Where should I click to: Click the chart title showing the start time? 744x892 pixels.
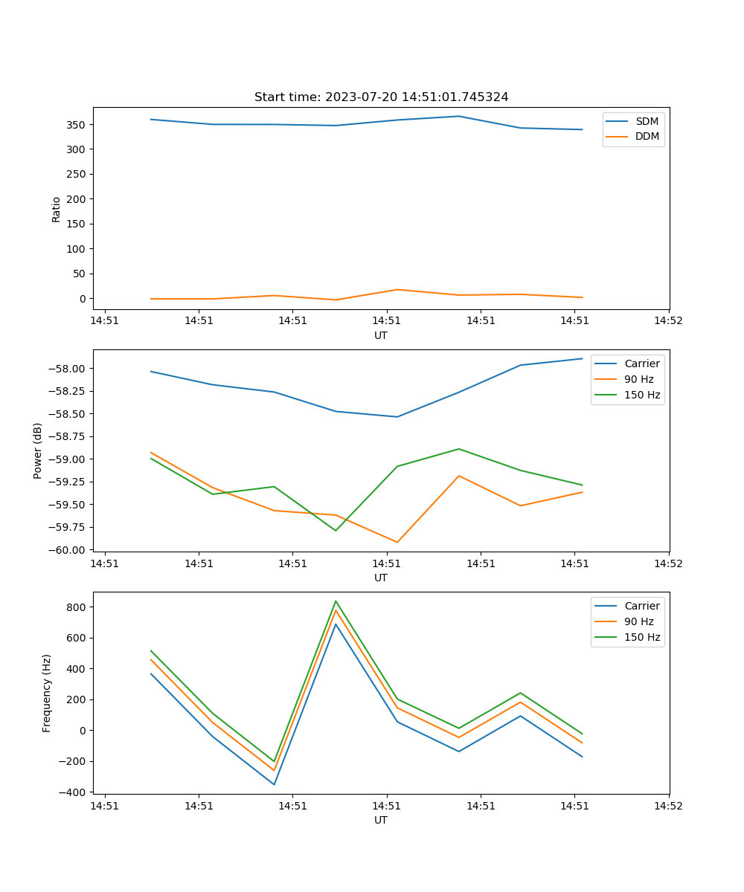(x=381, y=97)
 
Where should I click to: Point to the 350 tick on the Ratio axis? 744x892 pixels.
(x=77, y=125)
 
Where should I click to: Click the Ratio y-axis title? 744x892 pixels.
(x=57, y=209)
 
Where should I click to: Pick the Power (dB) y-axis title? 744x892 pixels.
(x=38, y=450)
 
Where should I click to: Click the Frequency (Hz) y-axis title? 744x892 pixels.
(x=47, y=693)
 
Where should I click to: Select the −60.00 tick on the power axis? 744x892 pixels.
(x=70, y=550)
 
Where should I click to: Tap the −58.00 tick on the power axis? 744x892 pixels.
(x=70, y=369)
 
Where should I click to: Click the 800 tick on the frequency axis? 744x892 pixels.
(x=77, y=607)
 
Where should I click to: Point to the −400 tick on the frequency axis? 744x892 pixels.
(x=74, y=792)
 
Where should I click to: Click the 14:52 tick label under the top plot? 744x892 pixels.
(x=668, y=321)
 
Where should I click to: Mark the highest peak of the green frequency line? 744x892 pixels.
(x=336, y=601)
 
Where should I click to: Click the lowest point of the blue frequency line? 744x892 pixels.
(x=274, y=784)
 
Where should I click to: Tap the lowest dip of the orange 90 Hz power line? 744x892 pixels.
(x=397, y=542)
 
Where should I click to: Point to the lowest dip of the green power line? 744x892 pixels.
(x=336, y=531)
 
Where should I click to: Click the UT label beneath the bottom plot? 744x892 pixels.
(x=381, y=820)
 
